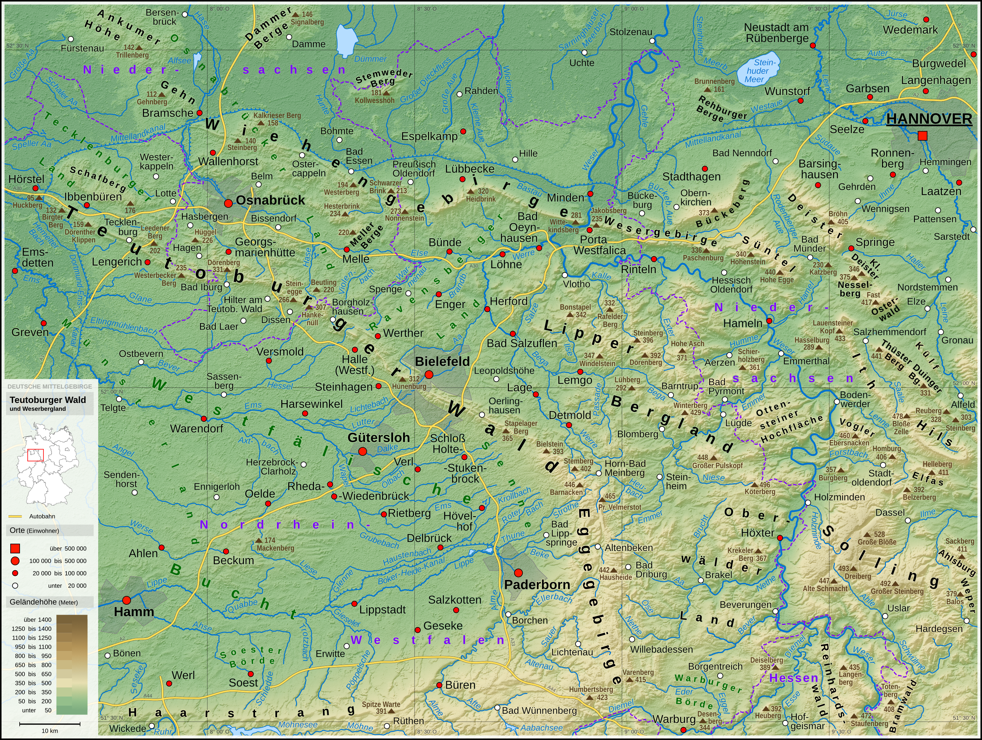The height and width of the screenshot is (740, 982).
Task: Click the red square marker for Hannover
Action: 922,136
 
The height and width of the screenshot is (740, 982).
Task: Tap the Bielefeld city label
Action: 442,362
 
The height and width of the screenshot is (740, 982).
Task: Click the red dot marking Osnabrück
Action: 228,203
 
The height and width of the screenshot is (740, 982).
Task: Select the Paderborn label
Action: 537,585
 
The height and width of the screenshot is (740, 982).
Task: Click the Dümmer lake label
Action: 370,59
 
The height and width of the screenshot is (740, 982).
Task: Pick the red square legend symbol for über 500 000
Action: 15,548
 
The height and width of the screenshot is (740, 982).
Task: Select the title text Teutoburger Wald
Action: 48,400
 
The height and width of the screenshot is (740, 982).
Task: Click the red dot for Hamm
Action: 127,600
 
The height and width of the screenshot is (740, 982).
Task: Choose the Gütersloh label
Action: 379,437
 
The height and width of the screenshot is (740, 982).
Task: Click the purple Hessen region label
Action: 794,678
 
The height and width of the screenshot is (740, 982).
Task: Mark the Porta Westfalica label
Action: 599,245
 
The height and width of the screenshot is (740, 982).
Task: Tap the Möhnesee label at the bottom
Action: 298,725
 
